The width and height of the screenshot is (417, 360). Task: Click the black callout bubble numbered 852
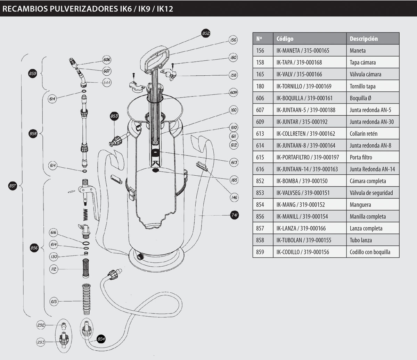[206, 34]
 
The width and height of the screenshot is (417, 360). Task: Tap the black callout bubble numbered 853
[114, 116]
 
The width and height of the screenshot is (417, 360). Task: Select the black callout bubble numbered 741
[234, 215]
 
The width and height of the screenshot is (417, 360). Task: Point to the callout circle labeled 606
[107, 60]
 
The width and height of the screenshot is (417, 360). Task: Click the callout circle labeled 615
[54, 302]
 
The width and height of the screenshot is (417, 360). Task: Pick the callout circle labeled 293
[41, 342]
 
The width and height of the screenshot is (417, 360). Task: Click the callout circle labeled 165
[234, 180]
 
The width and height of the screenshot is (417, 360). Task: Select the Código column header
[285, 39]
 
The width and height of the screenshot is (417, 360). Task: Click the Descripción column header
[363, 39]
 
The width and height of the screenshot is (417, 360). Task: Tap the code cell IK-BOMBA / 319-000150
[302, 181]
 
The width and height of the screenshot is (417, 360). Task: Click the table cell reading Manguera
[360, 204]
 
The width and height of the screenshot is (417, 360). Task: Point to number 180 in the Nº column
[260, 86]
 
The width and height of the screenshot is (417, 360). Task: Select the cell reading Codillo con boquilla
[370, 252]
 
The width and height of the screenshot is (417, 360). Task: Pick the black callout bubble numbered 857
[13, 186]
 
